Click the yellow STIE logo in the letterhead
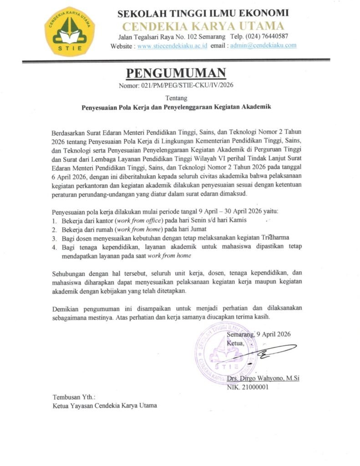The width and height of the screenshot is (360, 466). click(x=70, y=30)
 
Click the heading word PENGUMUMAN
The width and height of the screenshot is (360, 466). click(x=176, y=73)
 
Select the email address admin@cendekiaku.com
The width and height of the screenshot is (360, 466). click(x=264, y=46)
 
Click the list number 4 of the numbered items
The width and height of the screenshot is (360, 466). click(x=53, y=247)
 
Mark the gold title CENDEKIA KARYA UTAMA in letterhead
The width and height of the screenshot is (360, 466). click(x=203, y=25)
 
